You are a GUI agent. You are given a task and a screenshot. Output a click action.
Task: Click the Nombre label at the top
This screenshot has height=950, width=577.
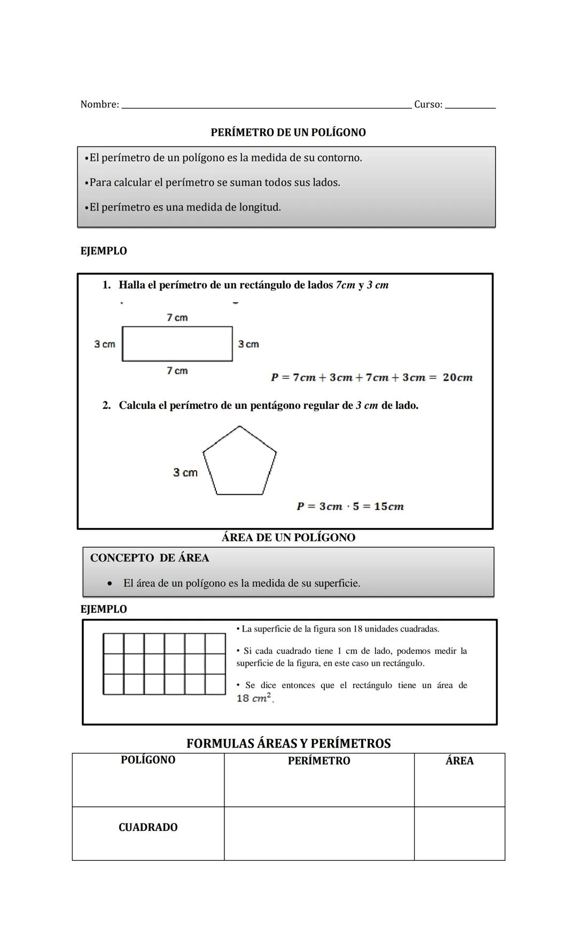click(99, 105)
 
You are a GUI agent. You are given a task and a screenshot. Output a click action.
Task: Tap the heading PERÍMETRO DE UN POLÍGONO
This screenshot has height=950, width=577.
click(288, 133)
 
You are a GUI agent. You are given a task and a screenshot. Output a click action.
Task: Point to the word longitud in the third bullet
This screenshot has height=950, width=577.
click(260, 207)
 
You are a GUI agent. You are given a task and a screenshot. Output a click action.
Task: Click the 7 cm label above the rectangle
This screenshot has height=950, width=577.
click(177, 317)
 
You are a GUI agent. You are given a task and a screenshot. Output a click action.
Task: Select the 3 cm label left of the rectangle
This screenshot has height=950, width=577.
click(105, 344)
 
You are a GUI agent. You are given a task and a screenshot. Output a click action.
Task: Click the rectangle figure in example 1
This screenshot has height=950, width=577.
click(177, 344)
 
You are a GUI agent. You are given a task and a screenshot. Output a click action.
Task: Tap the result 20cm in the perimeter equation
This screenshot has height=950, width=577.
click(458, 378)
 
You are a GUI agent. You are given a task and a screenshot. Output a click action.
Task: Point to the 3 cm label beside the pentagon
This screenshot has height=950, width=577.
click(185, 473)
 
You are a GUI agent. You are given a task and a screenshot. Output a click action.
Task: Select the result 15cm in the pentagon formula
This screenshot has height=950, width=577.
click(389, 507)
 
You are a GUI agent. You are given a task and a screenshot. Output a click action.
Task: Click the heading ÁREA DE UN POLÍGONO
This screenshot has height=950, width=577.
click(288, 538)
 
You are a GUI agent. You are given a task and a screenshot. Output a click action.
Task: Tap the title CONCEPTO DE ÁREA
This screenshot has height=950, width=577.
click(150, 558)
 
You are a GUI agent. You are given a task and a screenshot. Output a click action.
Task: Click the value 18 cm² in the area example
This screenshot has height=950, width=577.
click(254, 698)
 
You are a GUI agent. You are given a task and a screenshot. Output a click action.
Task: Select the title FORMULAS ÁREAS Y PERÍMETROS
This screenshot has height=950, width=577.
click(288, 743)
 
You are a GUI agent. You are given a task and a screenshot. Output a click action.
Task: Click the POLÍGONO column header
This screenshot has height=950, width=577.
click(148, 760)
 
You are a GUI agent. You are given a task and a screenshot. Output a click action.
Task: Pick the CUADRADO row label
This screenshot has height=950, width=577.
click(148, 828)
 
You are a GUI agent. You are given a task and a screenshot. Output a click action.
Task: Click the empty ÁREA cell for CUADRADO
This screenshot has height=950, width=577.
click(459, 834)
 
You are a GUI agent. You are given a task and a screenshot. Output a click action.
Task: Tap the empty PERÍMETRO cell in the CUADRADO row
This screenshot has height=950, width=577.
click(319, 834)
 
